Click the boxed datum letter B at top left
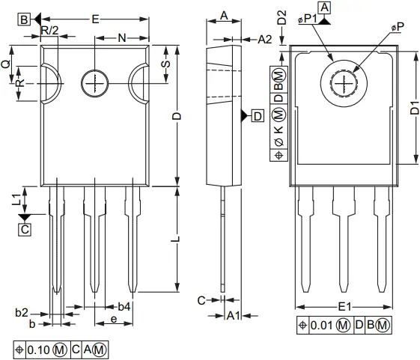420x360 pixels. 25,20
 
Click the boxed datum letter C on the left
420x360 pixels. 25,230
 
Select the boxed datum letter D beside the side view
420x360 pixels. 257,116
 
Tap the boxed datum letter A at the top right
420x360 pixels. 324,7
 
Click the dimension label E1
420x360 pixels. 345,307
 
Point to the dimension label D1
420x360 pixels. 414,106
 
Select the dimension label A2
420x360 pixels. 265,39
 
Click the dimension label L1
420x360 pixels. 15,200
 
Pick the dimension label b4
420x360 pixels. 124,307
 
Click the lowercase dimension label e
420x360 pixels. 113,320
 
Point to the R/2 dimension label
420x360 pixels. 49,30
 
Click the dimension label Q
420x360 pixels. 6,64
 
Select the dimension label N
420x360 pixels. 121,37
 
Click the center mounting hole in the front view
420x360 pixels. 96,82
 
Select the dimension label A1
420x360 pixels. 233,316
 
